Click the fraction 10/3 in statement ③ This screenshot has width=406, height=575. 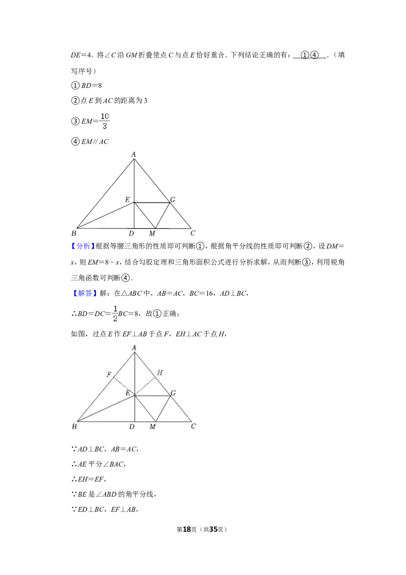pyautogui.click(x=105, y=121)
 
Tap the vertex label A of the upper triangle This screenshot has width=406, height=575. pyautogui.click(x=134, y=154)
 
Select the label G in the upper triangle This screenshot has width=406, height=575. pyautogui.click(x=173, y=200)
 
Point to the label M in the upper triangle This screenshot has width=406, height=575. pyautogui.click(x=152, y=233)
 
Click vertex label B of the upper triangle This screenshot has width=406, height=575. pyautogui.click(x=74, y=233)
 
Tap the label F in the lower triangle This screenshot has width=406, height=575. pyautogui.click(x=109, y=374)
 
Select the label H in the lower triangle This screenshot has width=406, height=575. pyautogui.click(x=160, y=372)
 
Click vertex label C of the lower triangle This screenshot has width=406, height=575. pyautogui.click(x=193, y=426)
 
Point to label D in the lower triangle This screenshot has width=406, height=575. pyautogui.click(x=132, y=427)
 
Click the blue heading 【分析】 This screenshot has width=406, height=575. pyautogui.click(x=83, y=246)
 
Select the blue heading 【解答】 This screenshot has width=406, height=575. pyautogui.click(x=84, y=293)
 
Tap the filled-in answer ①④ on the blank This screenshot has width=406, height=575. pyautogui.click(x=310, y=55)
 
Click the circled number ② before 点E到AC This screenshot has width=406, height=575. pyautogui.click(x=75, y=101)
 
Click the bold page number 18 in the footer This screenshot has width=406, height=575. pyautogui.click(x=187, y=529)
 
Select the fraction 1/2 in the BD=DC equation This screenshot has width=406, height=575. pyautogui.click(x=115, y=313)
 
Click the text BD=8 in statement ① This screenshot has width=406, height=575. pyautogui.click(x=92, y=85)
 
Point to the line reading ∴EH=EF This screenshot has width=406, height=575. pyautogui.click(x=89, y=479)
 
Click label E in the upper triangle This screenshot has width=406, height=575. pyautogui.click(x=127, y=200)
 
